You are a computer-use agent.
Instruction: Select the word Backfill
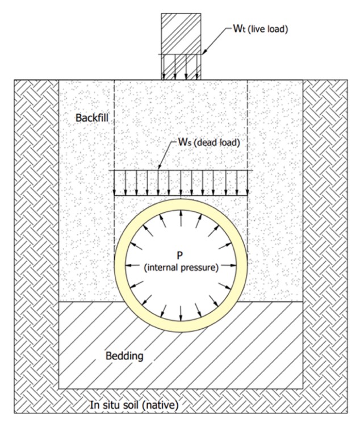coord(91,118)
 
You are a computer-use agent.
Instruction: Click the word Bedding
coord(124,357)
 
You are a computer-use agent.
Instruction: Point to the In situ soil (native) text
coord(135,405)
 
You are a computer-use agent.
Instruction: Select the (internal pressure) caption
coord(182,267)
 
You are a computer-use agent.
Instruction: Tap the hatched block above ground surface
coord(181,34)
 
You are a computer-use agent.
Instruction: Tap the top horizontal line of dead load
coord(181,170)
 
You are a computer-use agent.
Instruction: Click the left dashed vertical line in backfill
coord(115,125)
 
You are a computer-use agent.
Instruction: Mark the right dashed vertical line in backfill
coord(248,125)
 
